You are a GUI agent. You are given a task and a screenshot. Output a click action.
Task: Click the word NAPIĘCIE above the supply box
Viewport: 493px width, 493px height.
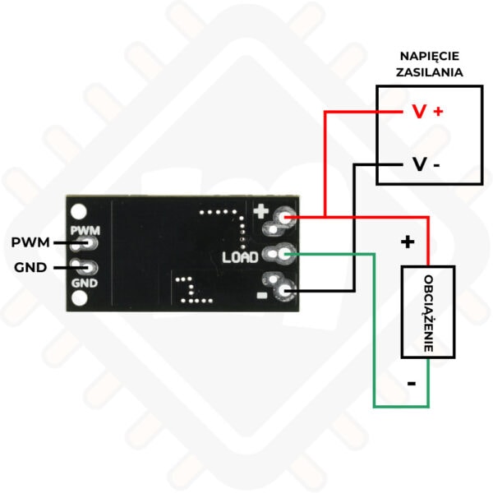point(430,57)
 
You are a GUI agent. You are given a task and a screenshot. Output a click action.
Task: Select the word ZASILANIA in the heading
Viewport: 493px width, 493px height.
point(430,72)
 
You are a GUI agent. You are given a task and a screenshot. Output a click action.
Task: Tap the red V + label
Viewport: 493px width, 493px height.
point(427,111)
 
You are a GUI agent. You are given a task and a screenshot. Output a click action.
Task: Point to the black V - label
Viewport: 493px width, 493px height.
point(426,164)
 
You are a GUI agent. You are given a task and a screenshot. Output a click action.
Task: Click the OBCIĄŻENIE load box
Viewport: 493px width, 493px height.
point(428,312)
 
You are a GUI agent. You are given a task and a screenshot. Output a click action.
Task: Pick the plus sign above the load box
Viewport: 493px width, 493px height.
point(408,242)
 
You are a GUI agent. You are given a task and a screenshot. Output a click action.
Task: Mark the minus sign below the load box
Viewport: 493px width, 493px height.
point(412,383)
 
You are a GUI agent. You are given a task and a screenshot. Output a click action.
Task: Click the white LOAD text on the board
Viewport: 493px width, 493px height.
point(240,257)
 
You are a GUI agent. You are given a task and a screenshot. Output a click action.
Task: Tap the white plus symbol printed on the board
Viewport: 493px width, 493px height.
point(261,211)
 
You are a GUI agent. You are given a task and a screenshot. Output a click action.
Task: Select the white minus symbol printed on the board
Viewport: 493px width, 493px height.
point(262,295)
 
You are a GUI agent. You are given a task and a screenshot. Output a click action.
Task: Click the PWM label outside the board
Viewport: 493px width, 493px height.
point(30,242)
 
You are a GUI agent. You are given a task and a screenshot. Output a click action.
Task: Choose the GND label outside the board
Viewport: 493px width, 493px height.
point(30,268)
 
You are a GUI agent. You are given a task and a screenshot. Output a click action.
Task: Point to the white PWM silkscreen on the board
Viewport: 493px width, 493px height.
point(85,230)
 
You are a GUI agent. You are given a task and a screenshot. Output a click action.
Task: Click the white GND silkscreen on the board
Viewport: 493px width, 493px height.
point(85,283)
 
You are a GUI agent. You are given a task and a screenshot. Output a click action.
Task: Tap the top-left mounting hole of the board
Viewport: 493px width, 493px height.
point(79,212)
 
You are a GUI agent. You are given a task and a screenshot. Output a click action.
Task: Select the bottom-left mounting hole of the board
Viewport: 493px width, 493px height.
point(79,298)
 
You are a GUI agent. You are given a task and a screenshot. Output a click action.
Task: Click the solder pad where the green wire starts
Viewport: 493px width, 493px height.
point(285,253)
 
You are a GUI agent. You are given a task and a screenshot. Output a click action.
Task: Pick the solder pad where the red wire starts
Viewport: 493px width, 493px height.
point(285,217)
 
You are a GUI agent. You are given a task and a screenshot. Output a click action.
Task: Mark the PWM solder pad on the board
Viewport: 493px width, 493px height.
point(90,243)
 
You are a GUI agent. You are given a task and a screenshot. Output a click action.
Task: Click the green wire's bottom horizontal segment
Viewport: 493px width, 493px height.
point(401,407)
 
